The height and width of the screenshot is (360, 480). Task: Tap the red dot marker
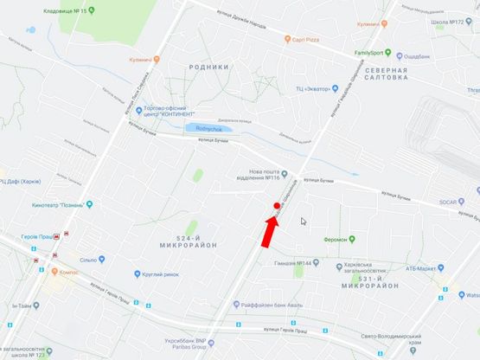(x=277, y=205)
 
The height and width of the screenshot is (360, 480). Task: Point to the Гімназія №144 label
(x=291, y=263)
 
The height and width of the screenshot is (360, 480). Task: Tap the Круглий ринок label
(x=163, y=275)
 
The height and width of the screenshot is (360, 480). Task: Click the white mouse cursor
(x=303, y=222)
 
